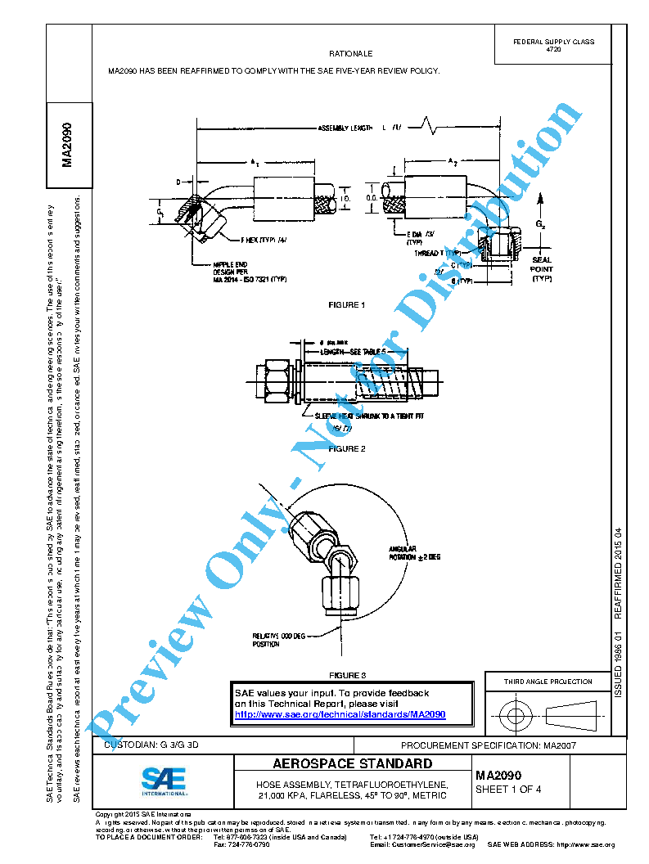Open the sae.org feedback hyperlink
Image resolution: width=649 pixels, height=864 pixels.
point(340,714)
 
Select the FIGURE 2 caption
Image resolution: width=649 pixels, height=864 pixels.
point(346,448)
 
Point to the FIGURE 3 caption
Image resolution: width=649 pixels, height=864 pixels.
point(346,675)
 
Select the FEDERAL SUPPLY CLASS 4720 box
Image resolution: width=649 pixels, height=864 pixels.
point(553,46)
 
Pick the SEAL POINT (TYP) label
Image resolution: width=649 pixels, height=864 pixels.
point(542,269)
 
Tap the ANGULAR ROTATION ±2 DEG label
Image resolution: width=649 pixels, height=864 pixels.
point(415,552)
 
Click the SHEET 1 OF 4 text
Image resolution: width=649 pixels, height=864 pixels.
point(503,790)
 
